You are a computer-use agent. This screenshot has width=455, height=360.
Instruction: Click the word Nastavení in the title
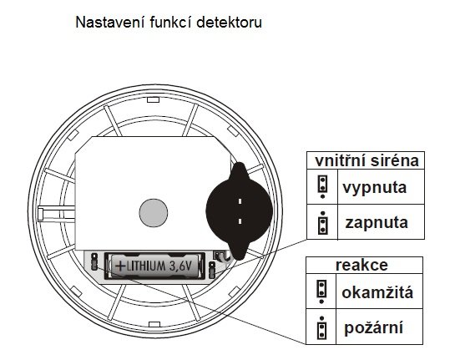click(110, 23)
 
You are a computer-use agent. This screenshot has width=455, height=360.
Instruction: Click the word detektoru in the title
click(229, 23)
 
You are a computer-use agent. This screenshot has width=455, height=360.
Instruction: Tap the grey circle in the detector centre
click(154, 213)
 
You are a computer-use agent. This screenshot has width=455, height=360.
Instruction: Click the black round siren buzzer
click(240, 211)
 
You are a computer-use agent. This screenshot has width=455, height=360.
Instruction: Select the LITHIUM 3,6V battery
click(155, 266)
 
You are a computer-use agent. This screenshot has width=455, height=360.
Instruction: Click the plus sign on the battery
click(121, 266)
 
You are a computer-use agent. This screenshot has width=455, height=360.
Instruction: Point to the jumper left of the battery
click(94, 261)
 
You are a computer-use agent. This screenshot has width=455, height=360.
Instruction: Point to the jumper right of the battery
click(212, 270)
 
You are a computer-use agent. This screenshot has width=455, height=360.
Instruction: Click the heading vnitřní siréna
click(367, 161)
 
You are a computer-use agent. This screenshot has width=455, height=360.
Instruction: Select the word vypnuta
click(374, 188)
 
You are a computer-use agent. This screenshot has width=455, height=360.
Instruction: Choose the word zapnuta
click(377, 223)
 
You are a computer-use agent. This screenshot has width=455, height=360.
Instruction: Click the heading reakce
click(361, 265)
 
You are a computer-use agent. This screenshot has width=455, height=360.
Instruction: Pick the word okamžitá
click(377, 292)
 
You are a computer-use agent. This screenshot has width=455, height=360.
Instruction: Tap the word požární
click(373, 327)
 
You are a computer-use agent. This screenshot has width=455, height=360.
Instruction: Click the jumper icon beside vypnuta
click(322, 186)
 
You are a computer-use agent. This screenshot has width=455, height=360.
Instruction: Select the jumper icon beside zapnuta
click(322, 223)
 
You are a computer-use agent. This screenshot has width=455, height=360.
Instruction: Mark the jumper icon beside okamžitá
click(321, 292)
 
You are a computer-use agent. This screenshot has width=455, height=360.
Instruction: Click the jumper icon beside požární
click(321, 327)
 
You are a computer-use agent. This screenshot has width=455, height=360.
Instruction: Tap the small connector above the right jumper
click(219, 255)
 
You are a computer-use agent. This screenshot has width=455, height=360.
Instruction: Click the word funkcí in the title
click(170, 23)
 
